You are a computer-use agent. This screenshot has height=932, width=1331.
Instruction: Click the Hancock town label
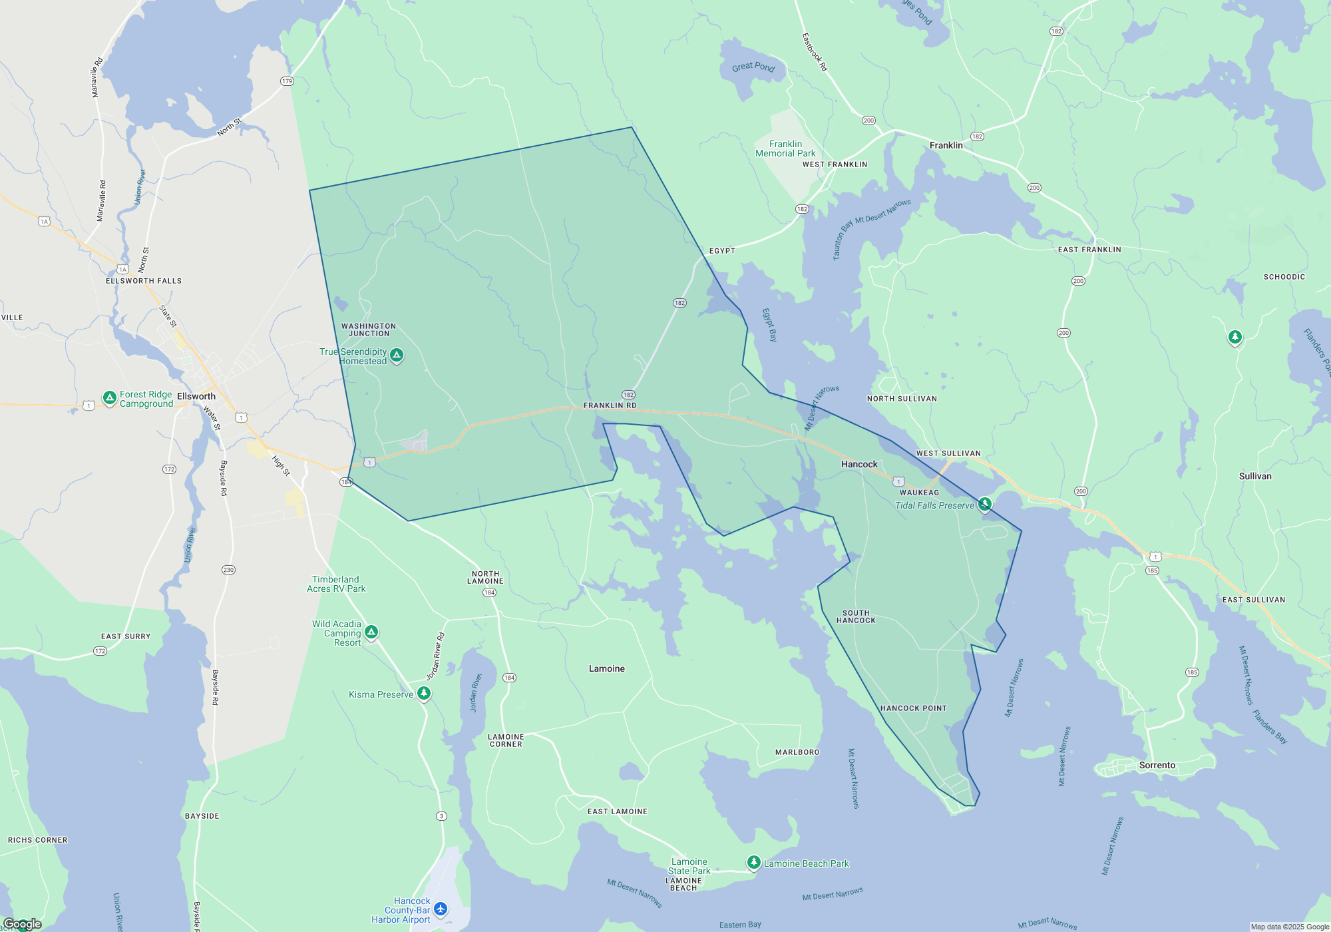pyautogui.click(x=859, y=464)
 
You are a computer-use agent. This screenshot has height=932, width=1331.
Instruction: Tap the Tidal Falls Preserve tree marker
pyautogui.click(x=985, y=504)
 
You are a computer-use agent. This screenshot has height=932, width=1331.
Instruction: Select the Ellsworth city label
pyautogui.click(x=196, y=396)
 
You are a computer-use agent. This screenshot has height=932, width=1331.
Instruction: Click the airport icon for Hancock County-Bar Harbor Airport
pyautogui.click(x=440, y=909)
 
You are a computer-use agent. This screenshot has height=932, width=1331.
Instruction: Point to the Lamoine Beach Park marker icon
pyautogui.click(x=753, y=863)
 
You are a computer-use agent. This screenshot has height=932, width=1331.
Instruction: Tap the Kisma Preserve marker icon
pyautogui.click(x=423, y=694)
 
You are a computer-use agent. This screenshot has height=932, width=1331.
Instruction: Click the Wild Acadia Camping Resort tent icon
pyautogui.click(x=371, y=632)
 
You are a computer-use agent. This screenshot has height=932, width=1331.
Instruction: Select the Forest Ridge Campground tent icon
pyautogui.click(x=110, y=398)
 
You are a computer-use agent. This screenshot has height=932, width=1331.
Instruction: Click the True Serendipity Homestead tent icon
pyautogui.click(x=397, y=355)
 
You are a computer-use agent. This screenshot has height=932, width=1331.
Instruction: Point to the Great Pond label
pyautogui.click(x=753, y=67)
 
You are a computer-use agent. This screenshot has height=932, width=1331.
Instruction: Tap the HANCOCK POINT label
pyautogui.click(x=913, y=708)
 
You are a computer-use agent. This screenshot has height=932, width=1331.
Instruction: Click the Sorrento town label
pyautogui.click(x=1157, y=765)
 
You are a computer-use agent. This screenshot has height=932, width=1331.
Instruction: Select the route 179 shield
pyautogui.click(x=287, y=81)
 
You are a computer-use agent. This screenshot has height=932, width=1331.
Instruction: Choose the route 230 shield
pyautogui.click(x=228, y=570)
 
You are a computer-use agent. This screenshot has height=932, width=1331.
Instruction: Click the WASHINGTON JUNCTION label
pyautogui.click(x=369, y=330)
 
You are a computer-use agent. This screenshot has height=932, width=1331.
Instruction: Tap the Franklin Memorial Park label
pyautogui.click(x=785, y=148)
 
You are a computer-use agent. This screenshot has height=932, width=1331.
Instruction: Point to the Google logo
pyautogui.click(x=23, y=924)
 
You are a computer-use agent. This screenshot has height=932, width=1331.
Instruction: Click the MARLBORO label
pyautogui.click(x=797, y=752)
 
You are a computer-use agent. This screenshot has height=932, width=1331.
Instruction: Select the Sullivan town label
pyautogui.click(x=1255, y=476)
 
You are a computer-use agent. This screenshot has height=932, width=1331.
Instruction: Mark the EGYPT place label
pyautogui.click(x=722, y=251)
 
